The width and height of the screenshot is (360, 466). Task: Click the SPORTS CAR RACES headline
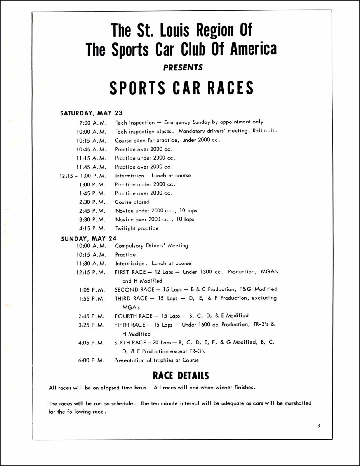[181, 88]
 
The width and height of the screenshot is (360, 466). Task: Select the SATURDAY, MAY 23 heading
[91, 113]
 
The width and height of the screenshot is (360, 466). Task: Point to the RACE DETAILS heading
[181, 376]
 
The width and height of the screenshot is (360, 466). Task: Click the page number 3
[318, 425]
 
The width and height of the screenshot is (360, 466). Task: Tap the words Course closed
[132, 202]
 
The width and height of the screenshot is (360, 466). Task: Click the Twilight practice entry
[137, 228]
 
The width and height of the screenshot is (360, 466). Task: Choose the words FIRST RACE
[131, 272]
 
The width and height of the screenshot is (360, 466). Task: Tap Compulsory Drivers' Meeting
[151, 246]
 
